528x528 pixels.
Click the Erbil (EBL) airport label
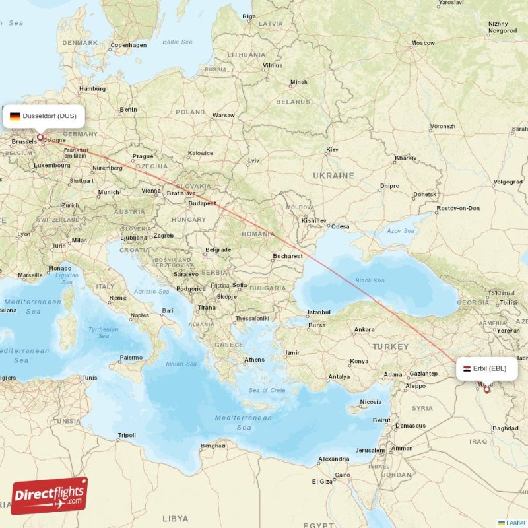(486, 368)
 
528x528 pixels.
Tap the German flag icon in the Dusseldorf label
(15, 116)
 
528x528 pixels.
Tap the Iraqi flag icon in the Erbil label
(467, 368)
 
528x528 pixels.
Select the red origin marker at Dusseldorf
(40, 138)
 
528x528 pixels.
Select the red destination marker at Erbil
(487, 389)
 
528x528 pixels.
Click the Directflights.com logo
(49, 496)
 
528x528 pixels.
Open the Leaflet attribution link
(515, 523)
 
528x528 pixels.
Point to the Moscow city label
(422, 43)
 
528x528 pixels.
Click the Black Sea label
(370, 280)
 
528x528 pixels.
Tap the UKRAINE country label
(333, 176)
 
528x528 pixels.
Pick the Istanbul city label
(318, 312)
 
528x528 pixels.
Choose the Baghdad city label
(505, 428)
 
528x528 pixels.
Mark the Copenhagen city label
(129, 45)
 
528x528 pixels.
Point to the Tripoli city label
(126, 436)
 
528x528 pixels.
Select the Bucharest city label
(288, 256)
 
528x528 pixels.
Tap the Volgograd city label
(508, 181)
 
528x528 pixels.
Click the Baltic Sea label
(177, 42)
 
